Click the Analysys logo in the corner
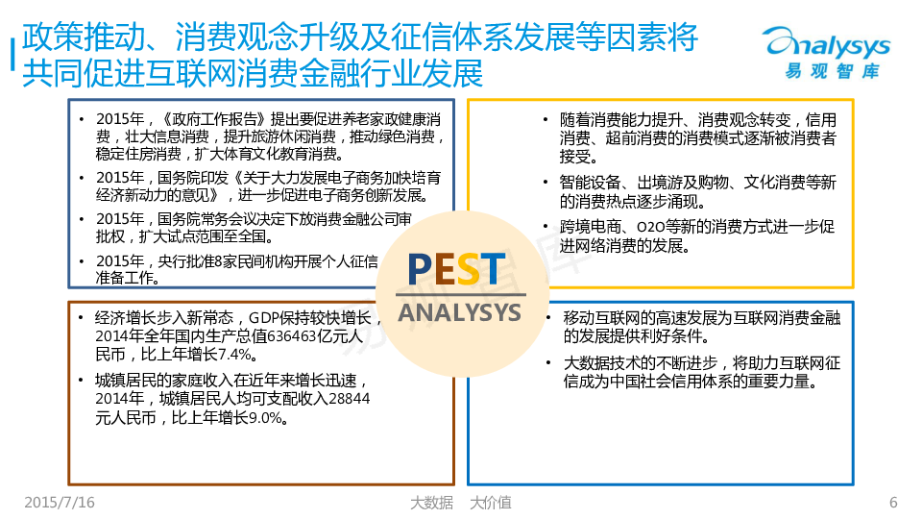click(827, 52)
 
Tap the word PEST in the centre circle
click(457, 269)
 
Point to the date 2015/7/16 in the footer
click(60, 502)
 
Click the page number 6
click(893, 502)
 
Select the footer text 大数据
click(431, 503)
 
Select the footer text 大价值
click(491, 503)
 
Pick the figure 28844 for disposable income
click(350, 398)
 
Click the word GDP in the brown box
click(264, 318)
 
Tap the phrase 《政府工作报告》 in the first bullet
click(214, 119)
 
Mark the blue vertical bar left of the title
click(12, 55)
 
